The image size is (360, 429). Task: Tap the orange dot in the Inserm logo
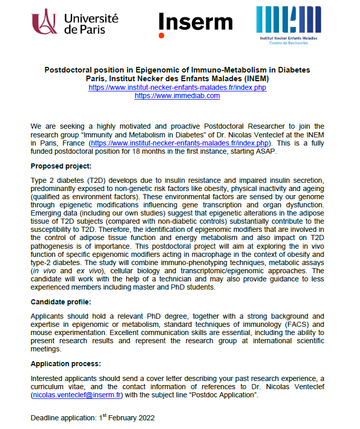(x=161, y=35)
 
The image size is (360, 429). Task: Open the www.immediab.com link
(x=177, y=96)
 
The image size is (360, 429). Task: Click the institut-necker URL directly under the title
(x=177, y=87)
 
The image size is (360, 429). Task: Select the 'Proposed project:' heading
(x=61, y=166)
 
